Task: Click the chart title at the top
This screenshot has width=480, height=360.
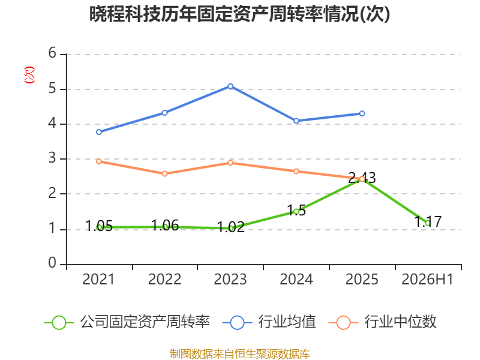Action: tap(239, 14)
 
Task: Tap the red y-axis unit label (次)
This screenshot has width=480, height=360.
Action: tap(29, 75)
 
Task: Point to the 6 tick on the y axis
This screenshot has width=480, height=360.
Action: tap(52, 53)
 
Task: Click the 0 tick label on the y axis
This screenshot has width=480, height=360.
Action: tap(52, 263)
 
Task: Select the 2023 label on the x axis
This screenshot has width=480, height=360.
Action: tap(230, 279)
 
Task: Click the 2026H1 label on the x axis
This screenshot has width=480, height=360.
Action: tap(427, 279)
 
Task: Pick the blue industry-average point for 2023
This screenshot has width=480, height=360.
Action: tap(230, 86)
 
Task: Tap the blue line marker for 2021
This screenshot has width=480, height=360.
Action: tap(99, 132)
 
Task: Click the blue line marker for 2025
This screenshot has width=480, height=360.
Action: tap(362, 113)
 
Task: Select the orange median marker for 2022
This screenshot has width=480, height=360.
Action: tap(164, 173)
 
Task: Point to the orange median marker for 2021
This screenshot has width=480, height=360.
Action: tap(99, 161)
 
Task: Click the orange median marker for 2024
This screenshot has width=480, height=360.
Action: tap(296, 171)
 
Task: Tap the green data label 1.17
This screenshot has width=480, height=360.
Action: tap(428, 221)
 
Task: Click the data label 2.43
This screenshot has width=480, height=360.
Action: tap(362, 178)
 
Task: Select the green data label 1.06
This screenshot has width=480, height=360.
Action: tap(164, 226)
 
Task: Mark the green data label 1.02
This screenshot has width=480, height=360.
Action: tap(230, 227)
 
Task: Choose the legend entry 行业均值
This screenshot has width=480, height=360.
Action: tap(287, 322)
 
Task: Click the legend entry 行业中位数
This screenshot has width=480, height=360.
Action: tap(400, 322)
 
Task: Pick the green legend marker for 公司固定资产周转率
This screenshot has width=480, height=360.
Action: tap(59, 323)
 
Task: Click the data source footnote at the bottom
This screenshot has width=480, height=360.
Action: tap(239, 354)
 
